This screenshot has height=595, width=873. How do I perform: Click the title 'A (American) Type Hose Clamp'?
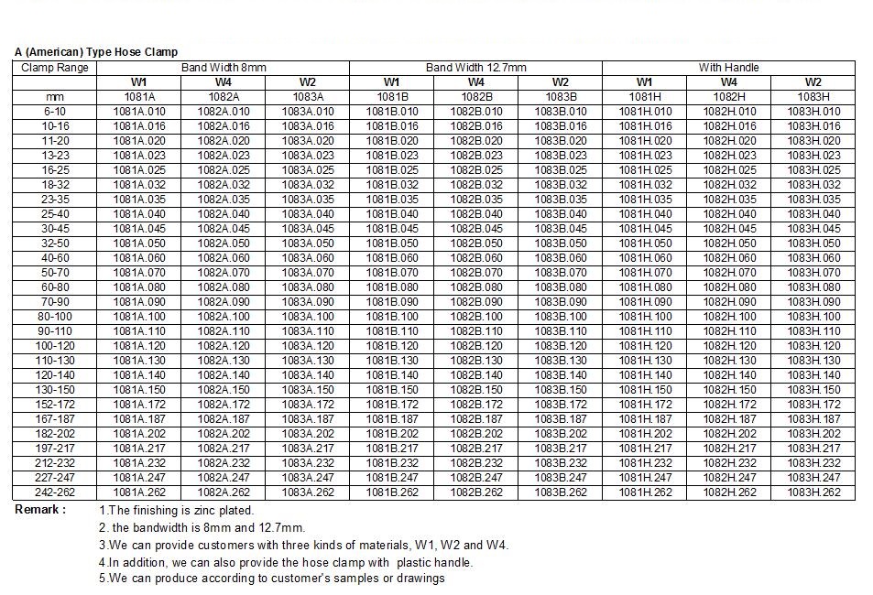pyautogui.click(x=96, y=52)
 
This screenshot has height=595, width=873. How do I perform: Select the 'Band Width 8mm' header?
pyautogui.click(x=224, y=68)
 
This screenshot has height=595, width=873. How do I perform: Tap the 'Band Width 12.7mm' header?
pyautogui.click(x=476, y=68)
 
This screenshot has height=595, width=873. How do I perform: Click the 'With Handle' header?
pyautogui.click(x=729, y=68)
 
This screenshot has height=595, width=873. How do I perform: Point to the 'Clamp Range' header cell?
pyautogui.click(x=55, y=68)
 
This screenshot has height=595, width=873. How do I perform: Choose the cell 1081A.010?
pyautogui.click(x=139, y=112)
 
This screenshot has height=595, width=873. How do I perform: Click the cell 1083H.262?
pyautogui.click(x=813, y=492)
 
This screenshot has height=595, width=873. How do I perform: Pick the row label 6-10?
pyautogui.click(x=55, y=112)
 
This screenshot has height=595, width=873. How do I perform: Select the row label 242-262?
pyautogui.click(x=55, y=492)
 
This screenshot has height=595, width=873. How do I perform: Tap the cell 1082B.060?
pyautogui.click(x=476, y=258)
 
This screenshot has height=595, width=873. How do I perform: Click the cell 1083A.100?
pyautogui.click(x=308, y=317)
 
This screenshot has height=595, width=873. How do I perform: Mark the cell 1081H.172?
pyautogui.click(x=645, y=405)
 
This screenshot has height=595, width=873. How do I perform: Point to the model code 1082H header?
pyautogui.click(x=729, y=97)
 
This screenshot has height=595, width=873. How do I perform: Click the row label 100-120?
pyautogui.click(x=55, y=346)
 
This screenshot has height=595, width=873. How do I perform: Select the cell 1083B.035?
pyautogui.click(x=561, y=200)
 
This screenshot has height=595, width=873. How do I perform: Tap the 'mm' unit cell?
pyautogui.click(x=55, y=97)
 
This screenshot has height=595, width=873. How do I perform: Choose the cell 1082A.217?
pyautogui.click(x=224, y=449)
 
